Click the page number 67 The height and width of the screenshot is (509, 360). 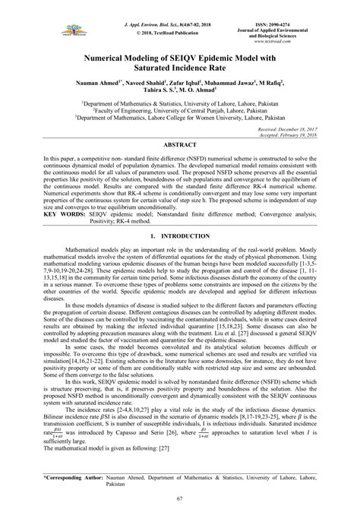point(180,498)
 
